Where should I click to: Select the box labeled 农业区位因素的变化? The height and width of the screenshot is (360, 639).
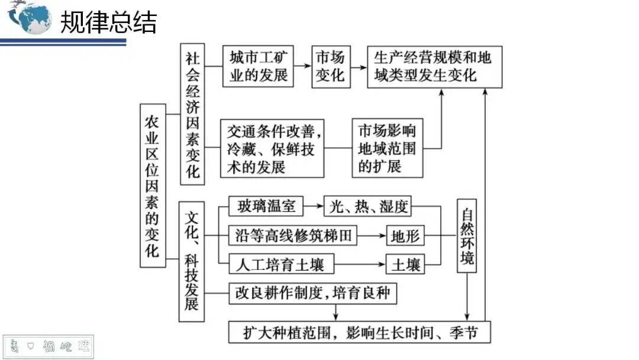click(x=153, y=185)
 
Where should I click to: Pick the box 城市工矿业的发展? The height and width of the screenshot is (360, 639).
click(x=259, y=66)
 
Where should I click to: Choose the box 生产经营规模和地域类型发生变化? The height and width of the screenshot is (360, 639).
click(x=434, y=66)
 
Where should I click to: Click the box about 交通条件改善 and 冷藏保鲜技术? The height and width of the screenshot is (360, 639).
click(x=272, y=149)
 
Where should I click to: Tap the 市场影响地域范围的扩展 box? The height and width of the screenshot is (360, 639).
click(x=388, y=149)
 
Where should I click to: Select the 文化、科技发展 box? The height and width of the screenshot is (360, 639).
click(x=191, y=261)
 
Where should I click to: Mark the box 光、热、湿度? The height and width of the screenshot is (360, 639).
click(x=367, y=207)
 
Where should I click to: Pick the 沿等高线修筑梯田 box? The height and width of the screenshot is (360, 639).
click(x=293, y=236)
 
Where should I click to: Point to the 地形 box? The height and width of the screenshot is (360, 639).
click(x=405, y=236)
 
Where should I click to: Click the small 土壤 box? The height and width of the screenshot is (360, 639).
click(x=405, y=264)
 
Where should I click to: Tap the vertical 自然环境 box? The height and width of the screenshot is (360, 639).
click(x=466, y=235)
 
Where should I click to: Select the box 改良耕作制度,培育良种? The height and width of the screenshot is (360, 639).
click(x=312, y=293)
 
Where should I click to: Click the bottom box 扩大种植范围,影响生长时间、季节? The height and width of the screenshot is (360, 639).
click(x=360, y=332)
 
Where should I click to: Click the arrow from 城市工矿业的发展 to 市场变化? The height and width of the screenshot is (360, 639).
click(x=302, y=66)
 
